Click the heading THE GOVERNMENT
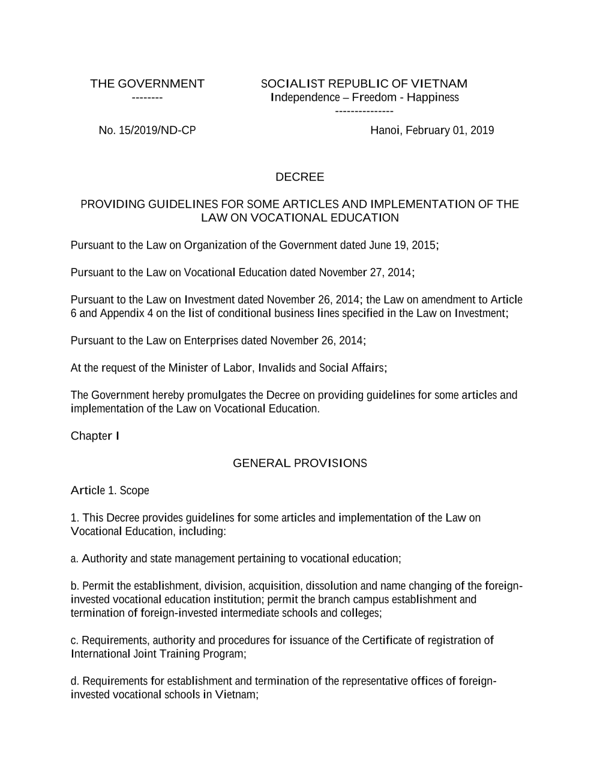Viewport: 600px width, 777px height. pyautogui.click(x=147, y=83)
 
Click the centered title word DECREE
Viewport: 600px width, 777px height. pyautogui.click(x=299, y=177)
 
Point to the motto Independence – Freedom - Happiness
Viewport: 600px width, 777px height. pyautogui.click(x=365, y=97)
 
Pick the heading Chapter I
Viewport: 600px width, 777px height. pyautogui.click(x=95, y=436)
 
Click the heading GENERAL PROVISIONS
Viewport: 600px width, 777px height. pyautogui.click(x=299, y=464)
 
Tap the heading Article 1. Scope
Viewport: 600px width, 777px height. pyautogui.click(x=110, y=491)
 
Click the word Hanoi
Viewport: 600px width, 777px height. pyautogui.click(x=385, y=130)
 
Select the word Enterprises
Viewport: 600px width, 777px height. pyautogui.click(x=211, y=341)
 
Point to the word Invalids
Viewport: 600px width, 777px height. pyautogui.click(x=277, y=368)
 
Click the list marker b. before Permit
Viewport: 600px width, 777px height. pyautogui.click(x=75, y=586)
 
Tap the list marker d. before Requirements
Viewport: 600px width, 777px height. pyautogui.click(x=75, y=682)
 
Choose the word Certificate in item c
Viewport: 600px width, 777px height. pyautogui.click(x=387, y=641)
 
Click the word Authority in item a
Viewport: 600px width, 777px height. pyautogui.click(x=104, y=559)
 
